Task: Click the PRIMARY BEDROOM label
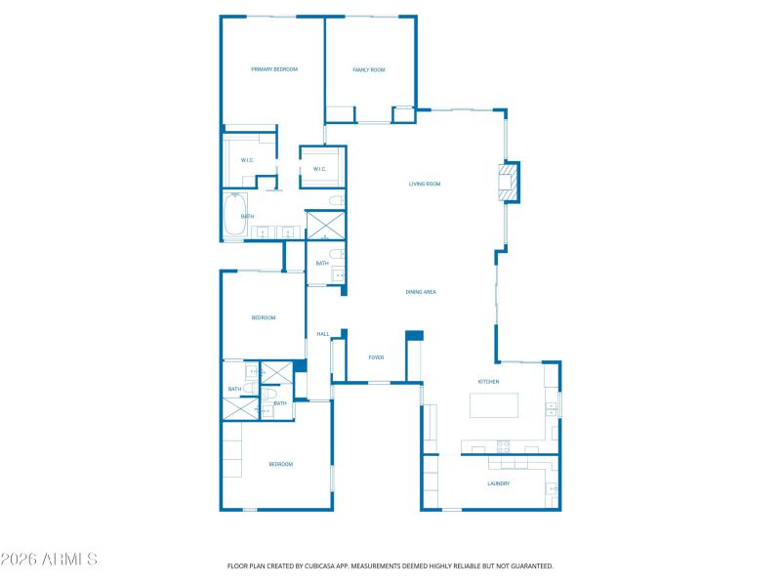click(273, 69)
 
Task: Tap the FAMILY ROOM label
click(369, 69)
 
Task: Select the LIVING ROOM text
click(425, 184)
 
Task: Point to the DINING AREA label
click(421, 292)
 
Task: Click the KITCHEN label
click(488, 381)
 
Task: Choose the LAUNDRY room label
click(498, 483)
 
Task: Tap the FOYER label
click(376, 357)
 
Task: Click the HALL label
click(322, 334)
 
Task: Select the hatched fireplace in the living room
click(507, 183)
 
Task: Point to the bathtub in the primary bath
click(234, 217)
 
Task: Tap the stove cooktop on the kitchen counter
click(505, 447)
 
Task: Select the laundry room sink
click(552, 488)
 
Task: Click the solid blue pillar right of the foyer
click(414, 335)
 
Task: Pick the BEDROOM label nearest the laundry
click(280, 464)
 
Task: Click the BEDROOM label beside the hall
click(264, 317)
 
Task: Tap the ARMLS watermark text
click(49, 560)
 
